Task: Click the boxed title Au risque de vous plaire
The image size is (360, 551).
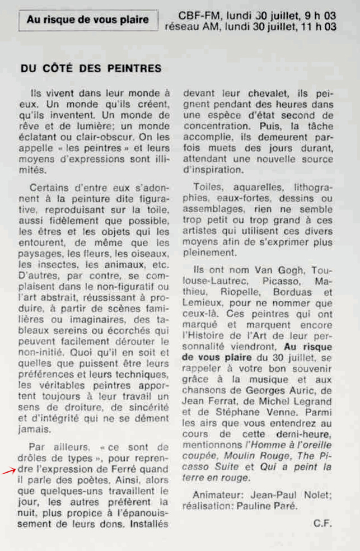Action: [88, 20]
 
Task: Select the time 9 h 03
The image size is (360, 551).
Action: [319, 16]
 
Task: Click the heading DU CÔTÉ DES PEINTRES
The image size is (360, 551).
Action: [91, 69]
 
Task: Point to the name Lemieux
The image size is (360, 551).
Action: [200, 302]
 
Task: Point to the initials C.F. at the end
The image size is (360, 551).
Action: [324, 523]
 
